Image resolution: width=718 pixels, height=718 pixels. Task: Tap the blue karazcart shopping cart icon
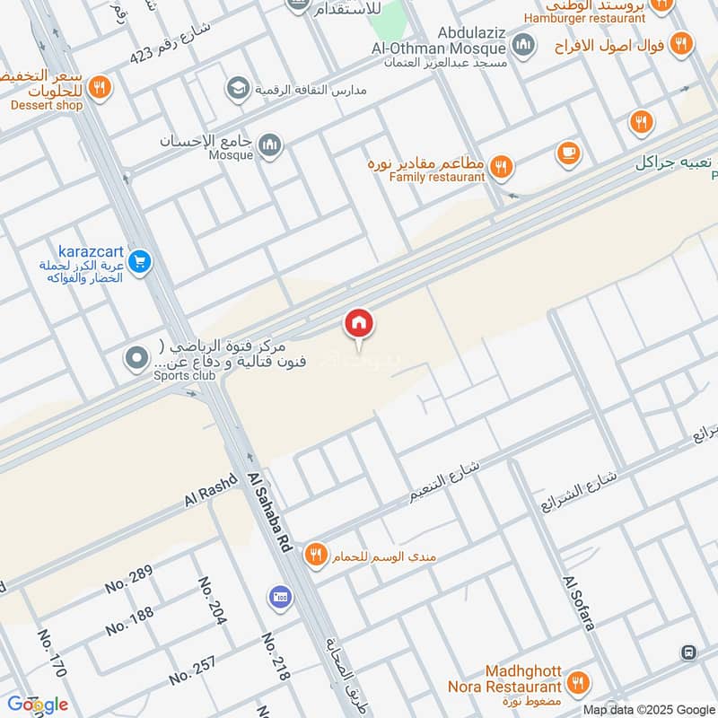click(x=138, y=262)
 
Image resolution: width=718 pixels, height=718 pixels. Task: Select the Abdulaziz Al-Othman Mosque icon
click(x=524, y=44)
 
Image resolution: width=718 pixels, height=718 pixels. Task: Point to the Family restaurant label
click(x=437, y=177)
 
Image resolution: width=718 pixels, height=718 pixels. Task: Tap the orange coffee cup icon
click(x=567, y=153)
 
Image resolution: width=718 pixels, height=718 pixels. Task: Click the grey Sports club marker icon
click(x=136, y=359)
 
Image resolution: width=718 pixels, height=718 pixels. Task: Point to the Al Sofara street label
click(x=579, y=602)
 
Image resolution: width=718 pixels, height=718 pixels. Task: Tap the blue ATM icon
click(x=277, y=597)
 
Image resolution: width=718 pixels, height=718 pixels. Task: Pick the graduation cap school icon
click(x=237, y=88)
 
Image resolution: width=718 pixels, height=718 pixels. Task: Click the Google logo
click(x=37, y=704)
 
